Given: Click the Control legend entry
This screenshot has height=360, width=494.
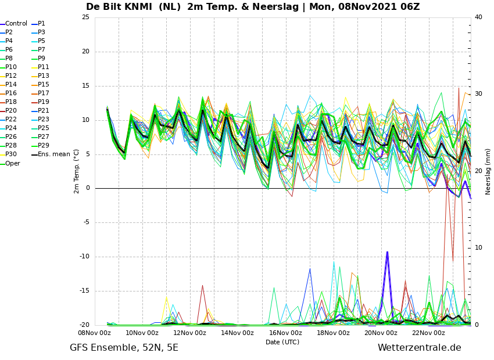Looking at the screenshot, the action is [14, 24].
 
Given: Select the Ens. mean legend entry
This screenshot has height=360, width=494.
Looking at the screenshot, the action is [51, 154].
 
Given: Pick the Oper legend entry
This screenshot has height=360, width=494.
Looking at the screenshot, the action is [10, 163].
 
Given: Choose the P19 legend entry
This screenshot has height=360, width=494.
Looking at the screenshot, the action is [40, 102].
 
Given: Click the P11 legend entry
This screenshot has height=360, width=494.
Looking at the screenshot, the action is [40, 67].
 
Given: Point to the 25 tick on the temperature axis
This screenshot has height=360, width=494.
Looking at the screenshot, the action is [85, 17].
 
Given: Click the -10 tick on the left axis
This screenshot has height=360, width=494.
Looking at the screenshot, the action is [85, 257].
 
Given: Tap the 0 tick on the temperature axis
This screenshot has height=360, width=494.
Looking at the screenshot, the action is [88, 188].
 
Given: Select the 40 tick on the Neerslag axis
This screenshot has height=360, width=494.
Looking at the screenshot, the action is [478, 17].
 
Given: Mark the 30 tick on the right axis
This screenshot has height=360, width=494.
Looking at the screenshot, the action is [478, 94].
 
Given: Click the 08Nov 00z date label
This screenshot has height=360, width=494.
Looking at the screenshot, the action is [95, 333].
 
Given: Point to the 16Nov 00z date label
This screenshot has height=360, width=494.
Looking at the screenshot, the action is [286, 333].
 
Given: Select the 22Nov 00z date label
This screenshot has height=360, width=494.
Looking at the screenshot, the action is [429, 333].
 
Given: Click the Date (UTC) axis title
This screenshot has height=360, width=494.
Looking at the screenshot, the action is [282, 342].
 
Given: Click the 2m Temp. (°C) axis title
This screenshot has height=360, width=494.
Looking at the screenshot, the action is [76, 171].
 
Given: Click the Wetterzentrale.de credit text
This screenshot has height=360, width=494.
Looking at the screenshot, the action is [420, 348].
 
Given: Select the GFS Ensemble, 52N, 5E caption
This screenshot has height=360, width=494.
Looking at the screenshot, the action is [124, 348].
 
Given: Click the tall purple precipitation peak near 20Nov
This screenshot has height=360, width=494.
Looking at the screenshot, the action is [387, 253].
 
